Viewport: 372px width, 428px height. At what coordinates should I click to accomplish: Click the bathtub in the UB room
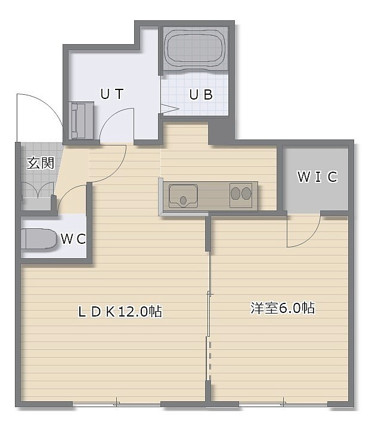[196, 49]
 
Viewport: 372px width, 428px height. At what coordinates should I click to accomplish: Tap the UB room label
[201, 95]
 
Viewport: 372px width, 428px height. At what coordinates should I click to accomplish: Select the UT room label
[112, 94]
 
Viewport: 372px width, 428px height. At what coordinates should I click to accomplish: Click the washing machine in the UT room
[82, 120]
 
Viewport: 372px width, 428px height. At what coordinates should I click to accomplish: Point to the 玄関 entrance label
[41, 163]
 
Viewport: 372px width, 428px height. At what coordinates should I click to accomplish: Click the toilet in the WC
[39, 239]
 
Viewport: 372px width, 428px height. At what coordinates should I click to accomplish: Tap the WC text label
[73, 239]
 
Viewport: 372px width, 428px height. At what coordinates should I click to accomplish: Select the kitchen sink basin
[183, 196]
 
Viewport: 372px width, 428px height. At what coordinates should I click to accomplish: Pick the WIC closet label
[317, 177]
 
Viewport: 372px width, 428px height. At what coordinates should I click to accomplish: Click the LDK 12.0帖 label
[120, 311]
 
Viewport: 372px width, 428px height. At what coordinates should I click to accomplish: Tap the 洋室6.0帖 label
[283, 308]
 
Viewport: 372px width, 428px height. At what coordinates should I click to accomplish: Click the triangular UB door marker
[169, 108]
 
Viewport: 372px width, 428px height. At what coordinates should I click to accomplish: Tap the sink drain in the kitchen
[183, 200]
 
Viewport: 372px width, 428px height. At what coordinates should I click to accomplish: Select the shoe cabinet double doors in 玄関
[38, 190]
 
